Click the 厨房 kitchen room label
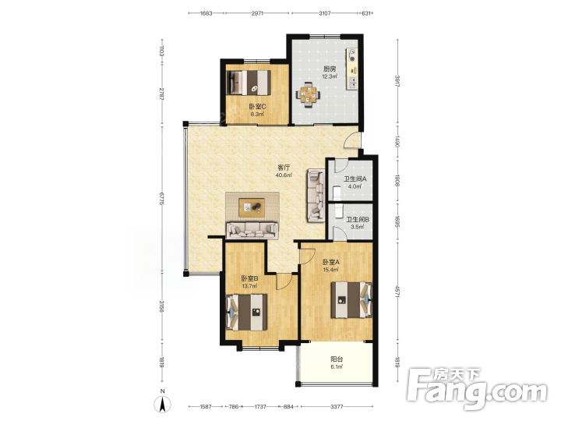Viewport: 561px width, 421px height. pyautogui.click(x=330, y=69)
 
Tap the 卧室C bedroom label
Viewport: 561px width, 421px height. pyautogui.click(x=257, y=107)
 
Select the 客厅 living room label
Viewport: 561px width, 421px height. pyautogui.click(x=284, y=168)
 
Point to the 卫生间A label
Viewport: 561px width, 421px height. pyautogui.click(x=355, y=179)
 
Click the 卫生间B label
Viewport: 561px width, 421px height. pyautogui.click(x=358, y=219)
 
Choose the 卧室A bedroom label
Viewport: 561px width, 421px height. pyautogui.click(x=331, y=262)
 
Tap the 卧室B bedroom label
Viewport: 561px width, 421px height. pyautogui.click(x=250, y=278)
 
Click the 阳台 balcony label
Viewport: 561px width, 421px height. pyautogui.click(x=337, y=359)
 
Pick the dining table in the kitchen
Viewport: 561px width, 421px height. pyautogui.click(x=308, y=95)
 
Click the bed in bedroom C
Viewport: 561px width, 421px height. pyautogui.click(x=250, y=83)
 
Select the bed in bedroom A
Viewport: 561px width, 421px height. pyautogui.click(x=351, y=300)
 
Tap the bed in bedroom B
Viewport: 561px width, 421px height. pyautogui.click(x=246, y=312)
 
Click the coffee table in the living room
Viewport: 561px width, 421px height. pyautogui.click(x=252, y=207)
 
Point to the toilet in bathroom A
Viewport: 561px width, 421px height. pyautogui.click(x=337, y=193)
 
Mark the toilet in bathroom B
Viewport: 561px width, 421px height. pyautogui.click(x=338, y=211)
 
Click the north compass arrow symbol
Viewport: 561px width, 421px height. pyautogui.click(x=162, y=405)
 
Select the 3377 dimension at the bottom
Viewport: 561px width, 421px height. pyautogui.click(x=337, y=407)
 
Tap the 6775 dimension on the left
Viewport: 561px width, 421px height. pyautogui.click(x=162, y=198)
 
